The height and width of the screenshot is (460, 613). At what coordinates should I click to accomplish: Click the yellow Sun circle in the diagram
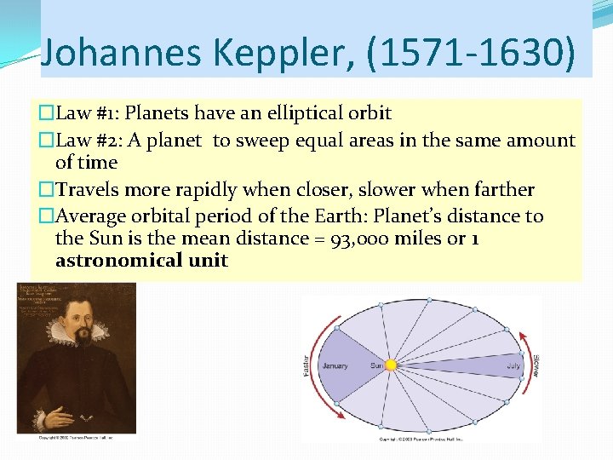pyautogui.click(x=392, y=365)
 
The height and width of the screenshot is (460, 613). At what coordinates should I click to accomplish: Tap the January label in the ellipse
pyautogui.click(x=335, y=366)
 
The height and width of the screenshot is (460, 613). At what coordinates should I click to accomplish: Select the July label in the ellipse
pyautogui.click(x=513, y=366)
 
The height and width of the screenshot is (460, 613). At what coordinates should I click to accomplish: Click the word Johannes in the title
pyautogui.click(x=118, y=52)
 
